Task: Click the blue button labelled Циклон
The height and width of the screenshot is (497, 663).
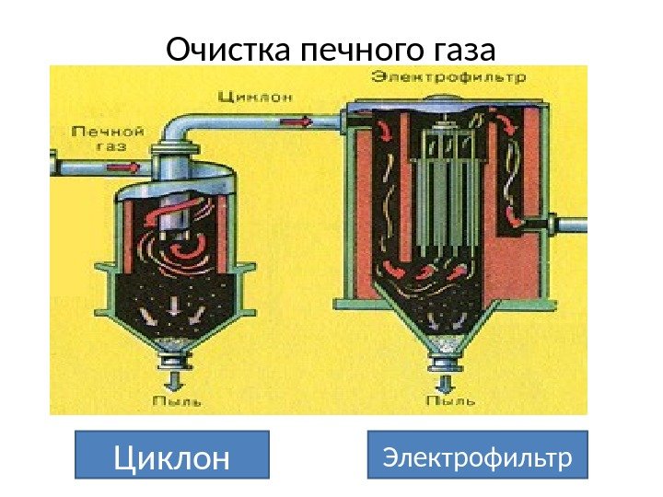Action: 170,455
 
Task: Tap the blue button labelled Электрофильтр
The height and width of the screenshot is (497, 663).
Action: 477,455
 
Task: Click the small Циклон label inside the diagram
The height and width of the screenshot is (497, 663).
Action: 243,95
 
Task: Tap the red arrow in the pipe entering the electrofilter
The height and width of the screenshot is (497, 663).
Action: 300,119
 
